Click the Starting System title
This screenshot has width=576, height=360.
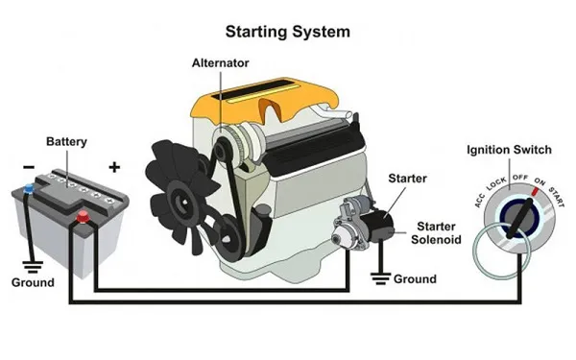coord(287,32)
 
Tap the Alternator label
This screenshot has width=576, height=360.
coord(221,62)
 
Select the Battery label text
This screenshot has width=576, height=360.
coord(66,142)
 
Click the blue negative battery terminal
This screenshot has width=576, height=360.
coord(28,189)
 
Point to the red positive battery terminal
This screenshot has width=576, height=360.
coord(83,216)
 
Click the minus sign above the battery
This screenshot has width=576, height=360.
coord(29,167)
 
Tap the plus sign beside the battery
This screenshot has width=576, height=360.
coord(114,167)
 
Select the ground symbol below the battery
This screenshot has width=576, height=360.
coord(33,267)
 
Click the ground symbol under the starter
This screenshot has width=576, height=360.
coord(380,278)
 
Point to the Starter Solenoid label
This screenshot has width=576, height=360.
coord(436,233)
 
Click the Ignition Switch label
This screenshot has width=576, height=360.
coord(509,150)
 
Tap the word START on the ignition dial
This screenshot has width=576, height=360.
coord(557,197)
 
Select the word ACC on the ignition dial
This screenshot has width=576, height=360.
coord(479,201)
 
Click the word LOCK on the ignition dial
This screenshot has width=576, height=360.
coord(496,183)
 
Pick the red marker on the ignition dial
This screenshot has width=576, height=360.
coord(535,191)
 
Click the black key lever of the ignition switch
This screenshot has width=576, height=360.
coord(519,219)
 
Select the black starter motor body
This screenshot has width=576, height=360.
coord(376,226)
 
